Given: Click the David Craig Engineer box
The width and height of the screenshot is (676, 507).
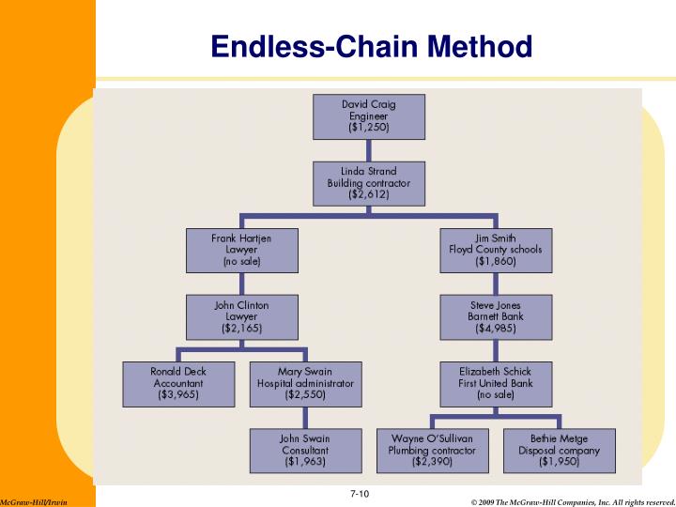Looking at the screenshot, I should (x=369, y=115).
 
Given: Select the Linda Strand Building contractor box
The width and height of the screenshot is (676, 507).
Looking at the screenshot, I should (x=369, y=183).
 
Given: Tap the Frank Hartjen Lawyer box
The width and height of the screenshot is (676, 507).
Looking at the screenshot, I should (x=241, y=251).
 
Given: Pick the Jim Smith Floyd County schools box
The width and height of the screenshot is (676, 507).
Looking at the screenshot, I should (x=496, y=251).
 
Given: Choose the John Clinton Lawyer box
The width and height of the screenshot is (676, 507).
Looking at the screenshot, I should (x=241, y=317).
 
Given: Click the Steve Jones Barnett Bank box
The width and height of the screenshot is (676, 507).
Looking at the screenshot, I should (x=496, y=317).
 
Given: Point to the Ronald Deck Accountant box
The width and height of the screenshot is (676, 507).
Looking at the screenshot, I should (x=178, y=384).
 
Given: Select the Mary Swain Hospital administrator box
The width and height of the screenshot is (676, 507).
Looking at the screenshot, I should (x=304, y=384).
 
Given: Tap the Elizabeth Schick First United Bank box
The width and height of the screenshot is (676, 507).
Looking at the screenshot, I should (x=496, y=384).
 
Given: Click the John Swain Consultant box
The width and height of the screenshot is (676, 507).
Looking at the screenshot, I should (x=304, y=450).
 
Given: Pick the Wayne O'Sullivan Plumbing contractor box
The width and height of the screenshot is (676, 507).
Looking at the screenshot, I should (x=432, y=450).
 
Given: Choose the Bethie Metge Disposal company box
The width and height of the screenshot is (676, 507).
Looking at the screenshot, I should (x=560, y=450).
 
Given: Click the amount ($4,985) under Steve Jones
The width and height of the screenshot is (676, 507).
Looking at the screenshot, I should (x=496, y=330).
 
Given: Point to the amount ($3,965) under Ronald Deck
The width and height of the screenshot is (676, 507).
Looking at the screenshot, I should (x=178, y=396).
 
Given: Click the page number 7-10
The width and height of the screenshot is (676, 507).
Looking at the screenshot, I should (x=357, y=494).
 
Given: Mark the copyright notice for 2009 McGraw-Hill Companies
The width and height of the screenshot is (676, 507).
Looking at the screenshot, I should (x=572, y=502).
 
